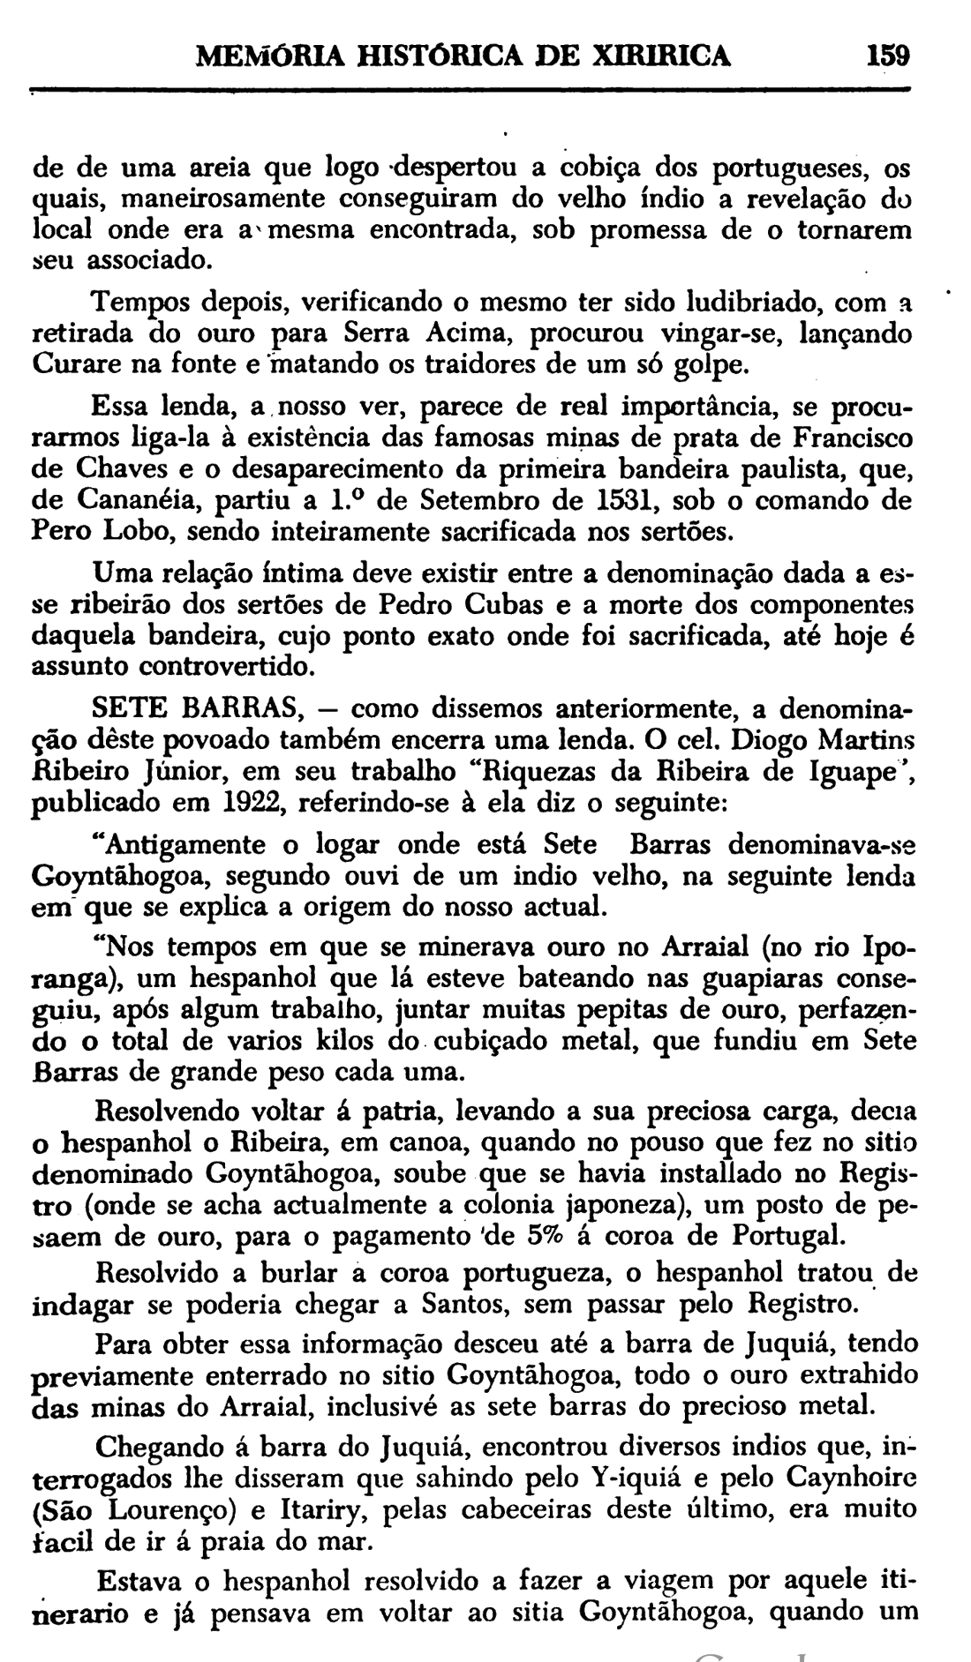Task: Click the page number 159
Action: [887, 56]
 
